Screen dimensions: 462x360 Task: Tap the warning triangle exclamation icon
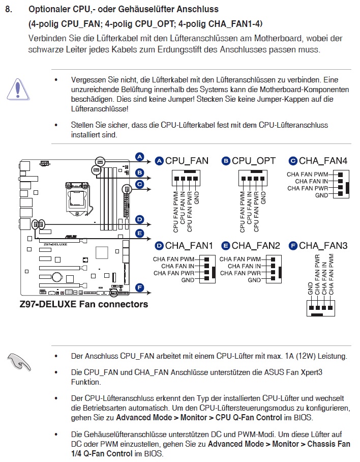[18, 89]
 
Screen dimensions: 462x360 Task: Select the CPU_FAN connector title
[187, 161]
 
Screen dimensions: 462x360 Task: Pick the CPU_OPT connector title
[254, 161]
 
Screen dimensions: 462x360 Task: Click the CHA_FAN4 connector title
[323, 161]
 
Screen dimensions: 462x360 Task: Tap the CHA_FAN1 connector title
[189, 246]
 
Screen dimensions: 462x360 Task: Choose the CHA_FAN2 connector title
[256, 246]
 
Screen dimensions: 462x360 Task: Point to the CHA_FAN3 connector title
[323, 246]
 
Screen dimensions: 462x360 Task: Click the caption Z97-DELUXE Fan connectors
[84, 304]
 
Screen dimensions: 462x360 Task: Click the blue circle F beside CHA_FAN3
[293, 246]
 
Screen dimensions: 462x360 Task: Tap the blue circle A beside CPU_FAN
[159, 161]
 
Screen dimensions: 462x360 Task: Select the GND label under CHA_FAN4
[321, 195]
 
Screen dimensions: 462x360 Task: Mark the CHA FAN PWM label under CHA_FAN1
[174, 259]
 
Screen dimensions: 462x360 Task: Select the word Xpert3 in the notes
[310, 372]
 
